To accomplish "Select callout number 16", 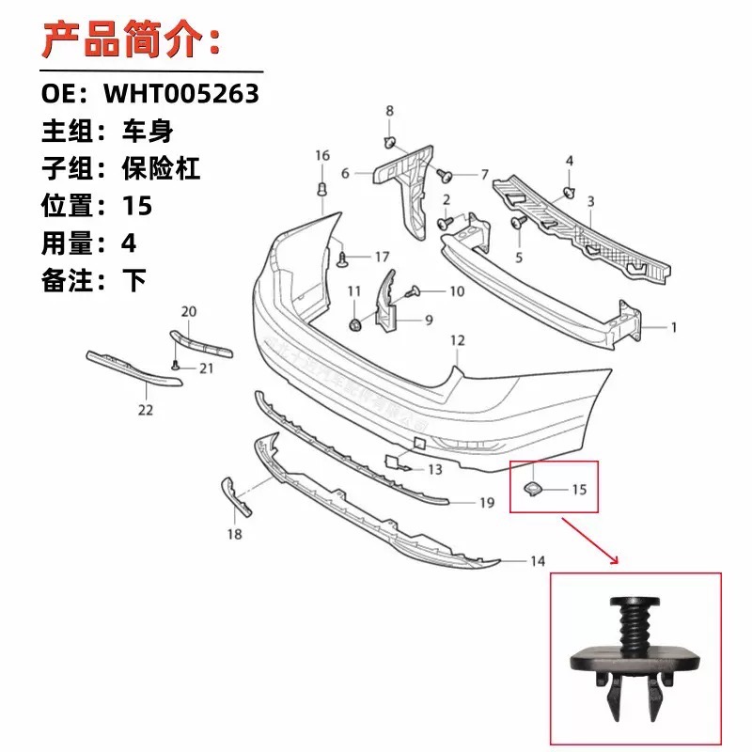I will pyautogui.click(x=322, y=155).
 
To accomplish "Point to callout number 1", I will pyautogui.click(x=673, y=328).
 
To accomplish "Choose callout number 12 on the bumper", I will pyautogui.click(x=458, y=339).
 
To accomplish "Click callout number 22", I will pyautogui.click(x=145, y=410).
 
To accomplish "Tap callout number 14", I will pyautogui.click(x=537, y=561).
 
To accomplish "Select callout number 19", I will pyautogui.click(x=486, y=503).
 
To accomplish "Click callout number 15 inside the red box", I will pyautogui.click(x=578, y=489).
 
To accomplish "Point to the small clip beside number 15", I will pyautogui.click(x=532, y=487).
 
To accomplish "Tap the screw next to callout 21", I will pyautogui.click(x=177, y=367).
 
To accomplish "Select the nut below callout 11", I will pyautogui.click(x=355, y=324).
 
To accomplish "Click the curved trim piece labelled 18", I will pyautogui.click(x=235, y=496).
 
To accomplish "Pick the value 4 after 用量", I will pyautogui.click(x=128, y=242).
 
